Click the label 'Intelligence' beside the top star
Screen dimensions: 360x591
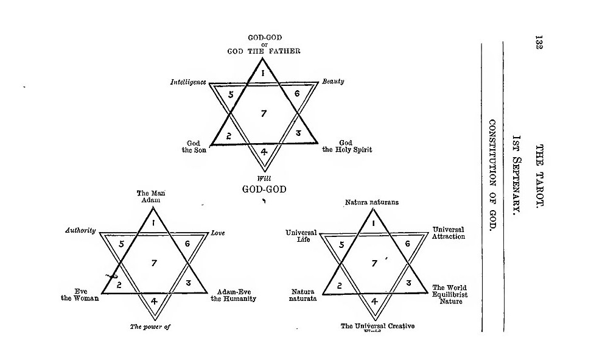tap(188, 82)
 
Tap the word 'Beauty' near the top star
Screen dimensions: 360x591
tap(333, 81)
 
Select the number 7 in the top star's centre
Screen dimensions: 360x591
tap(264, 113)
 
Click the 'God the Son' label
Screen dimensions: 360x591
tap(194, 146)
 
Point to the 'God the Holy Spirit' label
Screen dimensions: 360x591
tap(346, 146)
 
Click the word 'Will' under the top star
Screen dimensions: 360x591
tap(264, 178)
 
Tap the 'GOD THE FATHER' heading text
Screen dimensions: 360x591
tap(264, 51)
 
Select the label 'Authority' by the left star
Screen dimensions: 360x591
tap(80, 230)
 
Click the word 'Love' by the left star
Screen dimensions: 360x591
tap(218, 233)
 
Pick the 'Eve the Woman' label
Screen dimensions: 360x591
tap(80, 295)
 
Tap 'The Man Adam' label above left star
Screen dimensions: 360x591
tap(150, 196)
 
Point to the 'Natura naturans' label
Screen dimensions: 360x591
tap(372, 202)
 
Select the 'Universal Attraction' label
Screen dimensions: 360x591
tap(448, 233)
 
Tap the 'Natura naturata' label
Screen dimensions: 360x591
tap(304, 295)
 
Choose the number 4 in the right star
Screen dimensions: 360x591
tap(374, 301)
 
